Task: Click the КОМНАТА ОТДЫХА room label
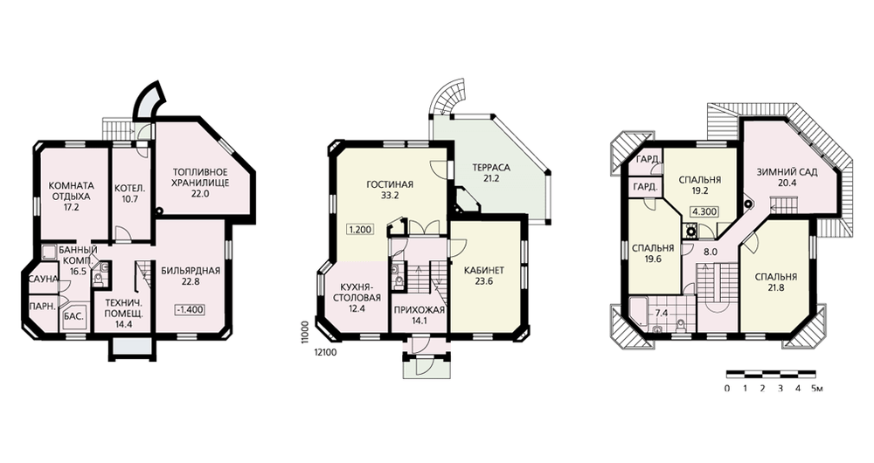[x=72, y=190]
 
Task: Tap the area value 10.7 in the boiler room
[x=130, y=199]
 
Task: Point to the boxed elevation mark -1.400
[x=190, y=309]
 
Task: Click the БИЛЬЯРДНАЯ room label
[x=191, y=272]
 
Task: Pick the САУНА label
[x=44, y=279]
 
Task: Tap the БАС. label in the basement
[x=74, y=316]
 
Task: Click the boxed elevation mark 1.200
[x=360, y=229]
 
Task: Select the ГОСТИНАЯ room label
[x=390, y=184]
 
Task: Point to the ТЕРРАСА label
[x=491, y=168]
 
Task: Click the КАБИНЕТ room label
[x=484, y=271]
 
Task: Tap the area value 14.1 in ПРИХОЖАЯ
[x=419, y=320]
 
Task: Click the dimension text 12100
[x=326, y=352]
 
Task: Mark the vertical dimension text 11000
[x=305, y=333]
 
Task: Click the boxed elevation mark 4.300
[x=704, y=211]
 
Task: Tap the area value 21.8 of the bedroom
[x=775, y=287]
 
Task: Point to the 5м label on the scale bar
[x=816, y=389]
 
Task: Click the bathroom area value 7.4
[x=661, y=313]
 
